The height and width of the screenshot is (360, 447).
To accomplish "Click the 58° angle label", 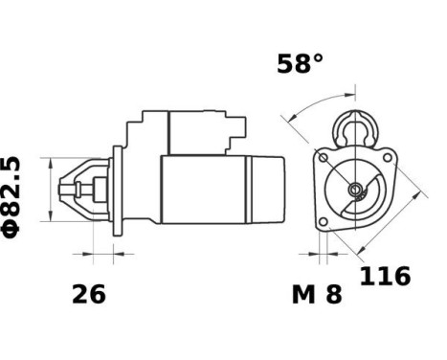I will (x=301, y=65).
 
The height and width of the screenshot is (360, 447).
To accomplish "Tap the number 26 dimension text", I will (x=89, y=295).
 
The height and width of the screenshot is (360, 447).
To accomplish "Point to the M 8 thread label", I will (x=316, y=295).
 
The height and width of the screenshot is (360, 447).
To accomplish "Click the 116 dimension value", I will (x=385, y=278).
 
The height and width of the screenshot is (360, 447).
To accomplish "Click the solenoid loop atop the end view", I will (x=355, y=126).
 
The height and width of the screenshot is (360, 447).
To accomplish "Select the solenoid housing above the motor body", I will (x=182, y=133).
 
